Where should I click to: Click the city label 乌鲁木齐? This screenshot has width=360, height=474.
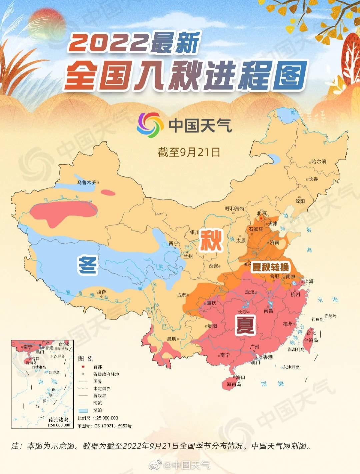[x=87, y=183]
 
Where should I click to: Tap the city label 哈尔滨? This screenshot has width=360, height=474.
[x=319, y=162]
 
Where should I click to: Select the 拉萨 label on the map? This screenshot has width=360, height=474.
[x=101, y=292]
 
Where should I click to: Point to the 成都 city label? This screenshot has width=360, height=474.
[x=182, y=295]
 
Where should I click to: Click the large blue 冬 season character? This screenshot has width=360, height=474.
[x=87, y=265]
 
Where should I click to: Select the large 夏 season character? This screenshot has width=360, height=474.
[x=246, y=325]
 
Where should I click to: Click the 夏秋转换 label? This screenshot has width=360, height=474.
[x=270, y=267]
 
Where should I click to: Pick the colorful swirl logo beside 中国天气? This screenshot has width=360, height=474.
[x=150, y=125]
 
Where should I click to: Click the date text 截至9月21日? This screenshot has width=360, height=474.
[x=189, y=152]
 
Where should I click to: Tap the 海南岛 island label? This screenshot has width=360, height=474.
[x=234, y=384]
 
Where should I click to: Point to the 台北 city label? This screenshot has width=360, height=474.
[x=311, y=333]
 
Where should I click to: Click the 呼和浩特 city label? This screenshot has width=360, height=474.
[x=235, y=209]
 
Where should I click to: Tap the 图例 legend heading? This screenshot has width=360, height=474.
[x=86, y=358]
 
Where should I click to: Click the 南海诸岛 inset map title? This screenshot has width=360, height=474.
[x=59, y=420]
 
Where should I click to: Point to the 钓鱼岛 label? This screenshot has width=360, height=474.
[x=317, y=319]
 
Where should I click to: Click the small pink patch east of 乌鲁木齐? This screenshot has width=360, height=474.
[x=108, y=192]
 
